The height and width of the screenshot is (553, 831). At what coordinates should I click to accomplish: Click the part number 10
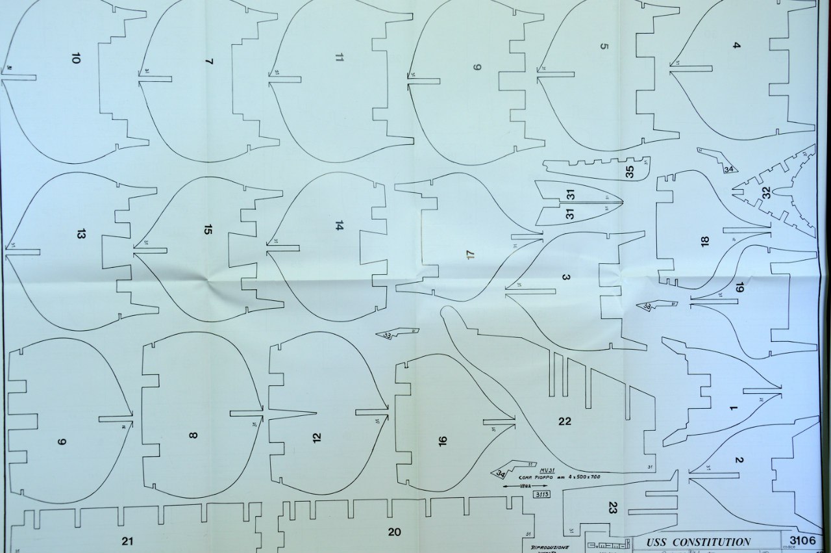point(76,59)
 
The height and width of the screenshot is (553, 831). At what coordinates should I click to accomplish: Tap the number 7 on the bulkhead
point(208,62)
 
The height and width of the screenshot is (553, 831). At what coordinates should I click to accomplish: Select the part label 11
point(339,57)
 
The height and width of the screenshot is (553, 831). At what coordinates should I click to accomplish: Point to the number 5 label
point(604,46)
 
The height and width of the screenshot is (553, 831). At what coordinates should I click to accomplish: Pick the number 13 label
point(81,234)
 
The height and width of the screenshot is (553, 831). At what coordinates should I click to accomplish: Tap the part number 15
point(208,229)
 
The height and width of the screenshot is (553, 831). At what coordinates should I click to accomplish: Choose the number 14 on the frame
point(339,225)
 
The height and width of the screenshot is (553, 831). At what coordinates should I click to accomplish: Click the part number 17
point(470,255)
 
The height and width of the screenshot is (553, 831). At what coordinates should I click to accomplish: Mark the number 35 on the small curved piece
point(629,172)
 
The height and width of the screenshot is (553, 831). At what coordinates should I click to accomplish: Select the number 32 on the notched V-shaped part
point(766,193)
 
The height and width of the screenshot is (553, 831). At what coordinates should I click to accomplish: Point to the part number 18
point(704,241)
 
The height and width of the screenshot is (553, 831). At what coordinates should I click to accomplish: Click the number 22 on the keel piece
point(564,421)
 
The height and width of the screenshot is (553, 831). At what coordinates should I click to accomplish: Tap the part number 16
point(443,441)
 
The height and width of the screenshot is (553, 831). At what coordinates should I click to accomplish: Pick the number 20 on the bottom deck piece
point(394,532)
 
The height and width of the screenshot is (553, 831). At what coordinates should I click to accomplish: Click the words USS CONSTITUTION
point(698,542)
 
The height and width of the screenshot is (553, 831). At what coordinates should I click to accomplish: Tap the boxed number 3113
point(541,495)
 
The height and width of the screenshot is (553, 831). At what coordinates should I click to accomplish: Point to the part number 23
point(612,508)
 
